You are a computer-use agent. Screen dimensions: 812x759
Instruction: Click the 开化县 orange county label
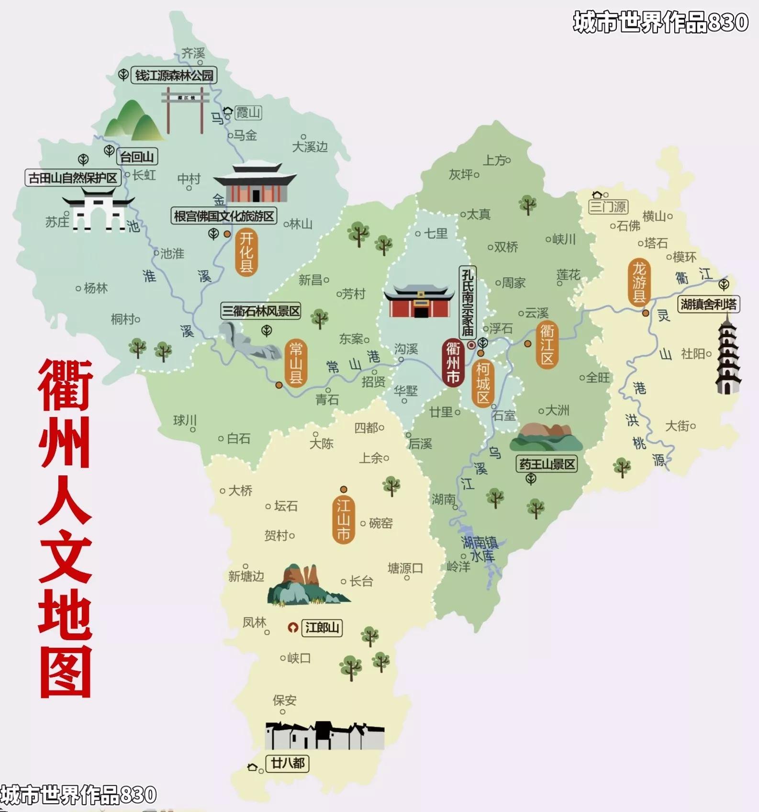pos(246,252)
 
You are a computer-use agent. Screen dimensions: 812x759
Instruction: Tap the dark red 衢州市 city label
pos(453,362)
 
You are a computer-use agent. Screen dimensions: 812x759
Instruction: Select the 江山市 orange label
pos(343,519)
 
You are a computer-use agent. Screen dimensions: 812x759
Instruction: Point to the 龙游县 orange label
pos(639,282)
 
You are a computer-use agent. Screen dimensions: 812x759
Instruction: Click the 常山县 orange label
pos(296,363)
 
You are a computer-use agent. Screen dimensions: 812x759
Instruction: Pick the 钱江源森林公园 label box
pos(174,76)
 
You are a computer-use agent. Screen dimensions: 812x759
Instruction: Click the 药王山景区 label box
pos(547,464)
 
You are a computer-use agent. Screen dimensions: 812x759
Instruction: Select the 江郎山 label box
pos(322,627)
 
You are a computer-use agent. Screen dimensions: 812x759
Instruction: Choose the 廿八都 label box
pos(288,763)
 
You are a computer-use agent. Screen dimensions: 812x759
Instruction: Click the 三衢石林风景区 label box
pos(261,311)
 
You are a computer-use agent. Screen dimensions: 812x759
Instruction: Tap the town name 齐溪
pos(193,53)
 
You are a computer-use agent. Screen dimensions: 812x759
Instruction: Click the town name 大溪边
pos(310,147)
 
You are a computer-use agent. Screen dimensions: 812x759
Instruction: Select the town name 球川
pos(185,420)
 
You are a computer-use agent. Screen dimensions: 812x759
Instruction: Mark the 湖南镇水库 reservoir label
pos(480,549)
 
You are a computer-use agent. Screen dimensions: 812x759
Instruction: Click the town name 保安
pos(284,700)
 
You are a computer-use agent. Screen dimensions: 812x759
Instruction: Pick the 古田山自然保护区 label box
pos(73,178)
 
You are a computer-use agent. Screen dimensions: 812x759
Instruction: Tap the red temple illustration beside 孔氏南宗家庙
pos(420,302)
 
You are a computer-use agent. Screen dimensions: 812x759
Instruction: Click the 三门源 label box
pos(608,207)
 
